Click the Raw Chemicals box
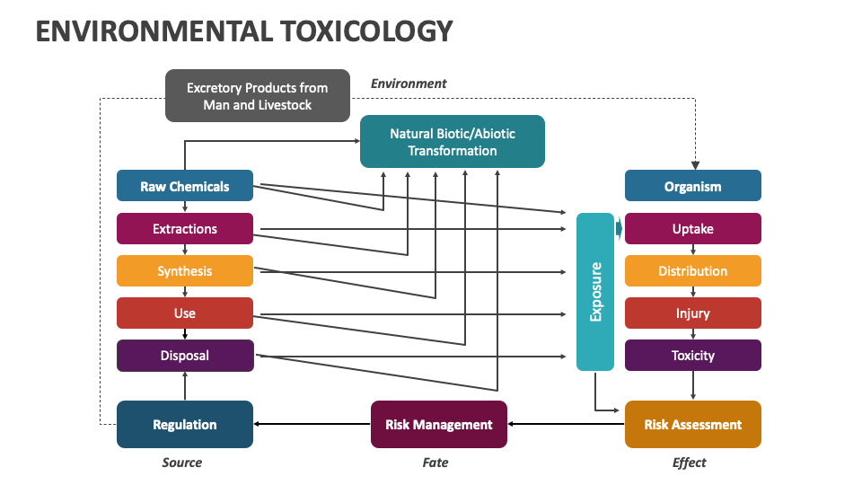click(x=185, y=186)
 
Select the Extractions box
click(x=185, y=228)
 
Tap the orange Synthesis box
click(x=185, y=270)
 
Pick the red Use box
click(x=185, y=313)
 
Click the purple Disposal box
click(x=185, y=355)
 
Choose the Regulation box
click(x=185, y=424)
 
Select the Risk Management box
click(x=439, y=424)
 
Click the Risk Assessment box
click(x=693, y=424)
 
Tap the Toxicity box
click(x=693, y=355)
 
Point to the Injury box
click(x=693, y=313)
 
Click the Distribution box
click(x=693, y=270)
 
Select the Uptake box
click(x=693, y=228)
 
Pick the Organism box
click(x=693, y=186)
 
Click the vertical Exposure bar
click(x=595, y=292)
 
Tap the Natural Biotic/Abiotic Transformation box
click(x=453, y=141)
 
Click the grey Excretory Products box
click(x=258, y=95)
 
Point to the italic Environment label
click(x=409, y=84)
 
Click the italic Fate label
click(x=435, y=463)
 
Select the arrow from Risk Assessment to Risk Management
click(x=566, y=424)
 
